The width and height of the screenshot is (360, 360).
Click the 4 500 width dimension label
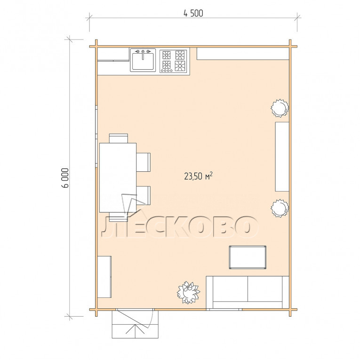pyautogui.click(x=193, y=13)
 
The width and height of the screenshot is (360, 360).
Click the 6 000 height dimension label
pyautogui.click(x=65, y=178)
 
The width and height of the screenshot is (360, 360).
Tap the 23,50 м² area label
pyautogui.click(x=198, y=176)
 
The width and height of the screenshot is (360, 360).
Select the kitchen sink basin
pyautogui.click(x=143, y=61)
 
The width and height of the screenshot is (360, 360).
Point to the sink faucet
pyautogui.click(x=143, y=55)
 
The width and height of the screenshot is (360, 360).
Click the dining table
pyautogui.click(x=118, y=177)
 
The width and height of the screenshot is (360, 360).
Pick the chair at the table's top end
pyautogui.click(x=119, y=138)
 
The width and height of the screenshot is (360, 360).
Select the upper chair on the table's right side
pyautogui.click(x=144, y=162)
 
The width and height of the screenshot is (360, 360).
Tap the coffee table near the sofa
pyautogui.click(x=248, y=257)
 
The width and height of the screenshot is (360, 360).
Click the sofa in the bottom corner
pyautogui.click(x=248, y=293)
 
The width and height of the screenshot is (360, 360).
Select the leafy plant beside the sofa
pyautogui.click(x=188, y=293)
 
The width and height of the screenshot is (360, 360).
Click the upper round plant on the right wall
pyautogui.click(x=280, y=108)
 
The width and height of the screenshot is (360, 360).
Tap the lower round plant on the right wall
pyautogui.click(x=280, y=208)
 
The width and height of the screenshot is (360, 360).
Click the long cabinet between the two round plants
pyautogui.click(x=282, y=157)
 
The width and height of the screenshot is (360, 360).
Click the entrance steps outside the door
pyautogui.click(x=135, y=324)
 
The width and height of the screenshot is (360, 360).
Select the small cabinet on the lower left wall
pyautogui.click(x=104, y=277)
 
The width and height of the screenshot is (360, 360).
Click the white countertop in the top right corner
pyautogui.click(x=243, y=54)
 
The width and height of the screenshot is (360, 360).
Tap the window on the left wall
pyautogui.click(x=96, y=136)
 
